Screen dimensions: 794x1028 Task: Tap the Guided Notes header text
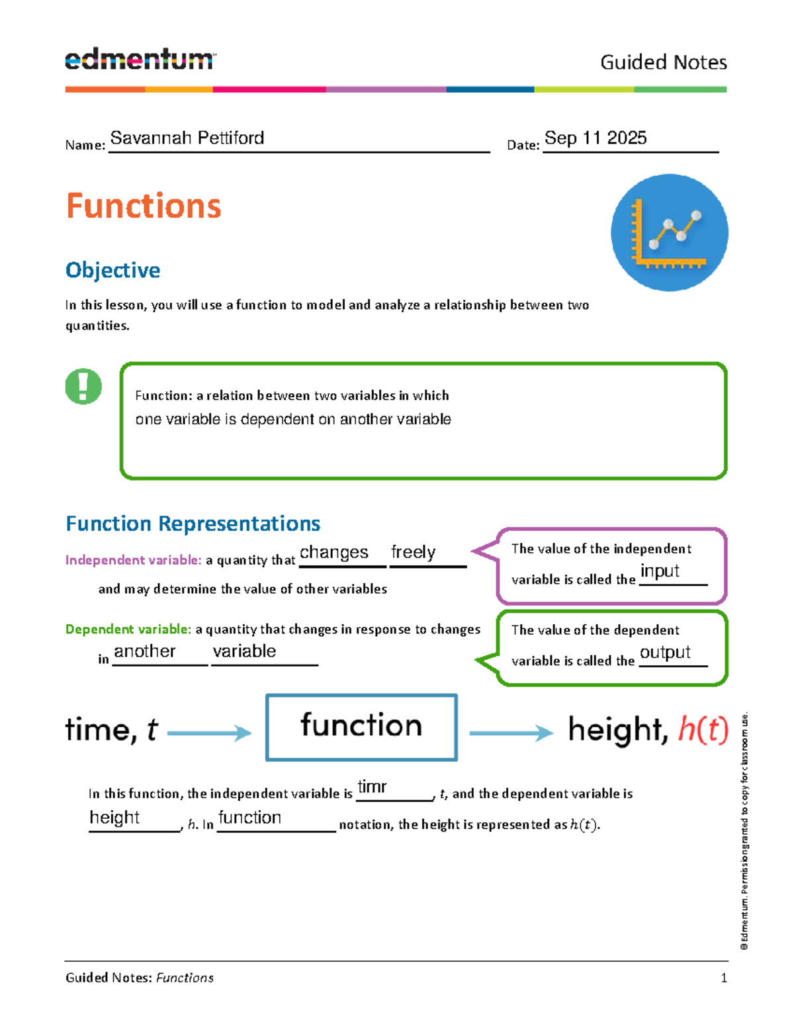[x=663, y=62]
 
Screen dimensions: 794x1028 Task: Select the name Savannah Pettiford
[x=187, y=138]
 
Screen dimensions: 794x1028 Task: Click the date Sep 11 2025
[x=595, y=138]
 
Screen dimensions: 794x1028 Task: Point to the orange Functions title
[x=144, y=206]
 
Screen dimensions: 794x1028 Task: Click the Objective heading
[x=112, y=270]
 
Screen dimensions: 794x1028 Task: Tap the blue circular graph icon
[x=669, y=232]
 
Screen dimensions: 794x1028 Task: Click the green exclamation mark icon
[x=83, y=386]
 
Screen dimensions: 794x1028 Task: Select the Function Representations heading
[x=193, y=524]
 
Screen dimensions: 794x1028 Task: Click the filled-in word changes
[x=333, y=552]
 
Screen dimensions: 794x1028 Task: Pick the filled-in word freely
[x=413, y=552]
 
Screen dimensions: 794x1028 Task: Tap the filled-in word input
[x=660, y=571]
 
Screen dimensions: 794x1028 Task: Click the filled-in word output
[x=665, y=652]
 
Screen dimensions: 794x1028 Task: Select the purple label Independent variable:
[x=133, y=560]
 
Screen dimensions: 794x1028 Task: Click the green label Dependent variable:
[x=128, y=630]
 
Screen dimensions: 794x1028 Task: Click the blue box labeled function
[x=361, y=727]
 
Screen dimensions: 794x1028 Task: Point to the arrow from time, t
[x=209, y=733]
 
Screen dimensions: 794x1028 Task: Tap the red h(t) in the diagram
[x=703, y=729]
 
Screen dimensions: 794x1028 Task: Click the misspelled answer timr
[x=372, y=786]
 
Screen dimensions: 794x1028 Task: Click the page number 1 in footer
[x=724, y=978]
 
